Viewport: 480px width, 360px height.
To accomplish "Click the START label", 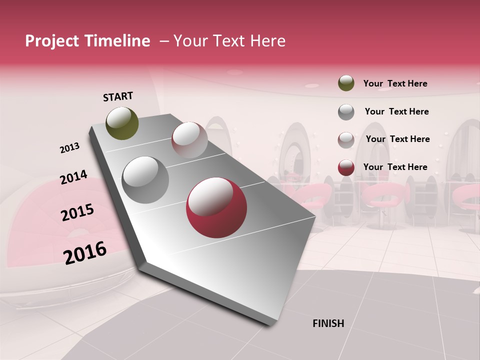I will point(118,96).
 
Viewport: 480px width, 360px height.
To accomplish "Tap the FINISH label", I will point(328,323).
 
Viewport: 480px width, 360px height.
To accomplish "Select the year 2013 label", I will point(69,148).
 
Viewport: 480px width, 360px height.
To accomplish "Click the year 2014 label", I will point(73,177).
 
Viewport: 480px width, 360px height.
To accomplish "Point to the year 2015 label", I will point(77,212).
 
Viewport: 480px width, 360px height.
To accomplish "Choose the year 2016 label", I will point(85,252).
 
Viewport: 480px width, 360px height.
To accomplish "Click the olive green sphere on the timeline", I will point(122,123).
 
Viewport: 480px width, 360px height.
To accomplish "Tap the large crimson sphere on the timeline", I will point(216,207).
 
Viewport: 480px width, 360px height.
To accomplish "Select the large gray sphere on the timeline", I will point(145,179).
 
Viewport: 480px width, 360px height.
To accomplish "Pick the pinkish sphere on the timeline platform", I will point(189,140).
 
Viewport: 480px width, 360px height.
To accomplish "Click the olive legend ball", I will point(346,83).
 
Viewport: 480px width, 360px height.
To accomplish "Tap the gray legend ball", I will point(346,111).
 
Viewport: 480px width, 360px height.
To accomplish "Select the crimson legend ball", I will point(346,167).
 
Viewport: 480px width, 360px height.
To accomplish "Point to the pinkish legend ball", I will point(346,139).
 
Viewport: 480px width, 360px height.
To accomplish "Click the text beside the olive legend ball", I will point(395,83).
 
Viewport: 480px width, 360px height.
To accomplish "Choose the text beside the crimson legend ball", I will point(395,167).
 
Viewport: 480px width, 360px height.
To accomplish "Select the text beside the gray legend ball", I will point(396,111).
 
